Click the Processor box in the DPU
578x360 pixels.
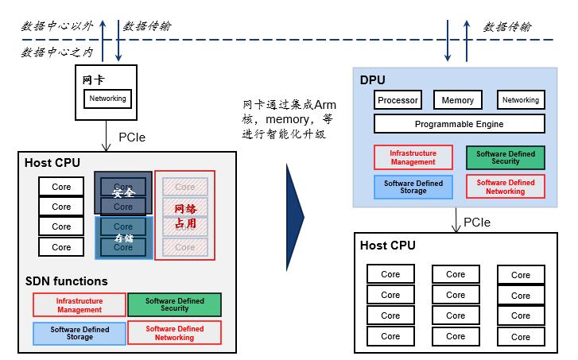coord(398,100)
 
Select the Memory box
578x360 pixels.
coord(458,100)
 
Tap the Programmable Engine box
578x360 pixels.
coord(459,124)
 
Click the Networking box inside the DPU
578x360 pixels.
coord(521,100)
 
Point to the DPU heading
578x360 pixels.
coord(373,80)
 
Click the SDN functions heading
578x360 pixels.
coord(65,281)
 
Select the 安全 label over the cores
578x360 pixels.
coord(123,193)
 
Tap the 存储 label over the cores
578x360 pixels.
coord(123,237)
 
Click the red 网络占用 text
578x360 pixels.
coord(184,215)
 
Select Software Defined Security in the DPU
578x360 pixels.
coord(505,157)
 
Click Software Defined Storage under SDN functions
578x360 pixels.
coord(79,332)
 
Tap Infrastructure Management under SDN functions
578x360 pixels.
coord(79,305)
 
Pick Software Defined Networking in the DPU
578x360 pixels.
coord(505,187)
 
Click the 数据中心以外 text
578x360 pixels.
coord(55,26)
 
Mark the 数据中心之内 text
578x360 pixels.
coord(55,52)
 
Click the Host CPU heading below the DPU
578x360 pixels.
coord(388,246)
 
